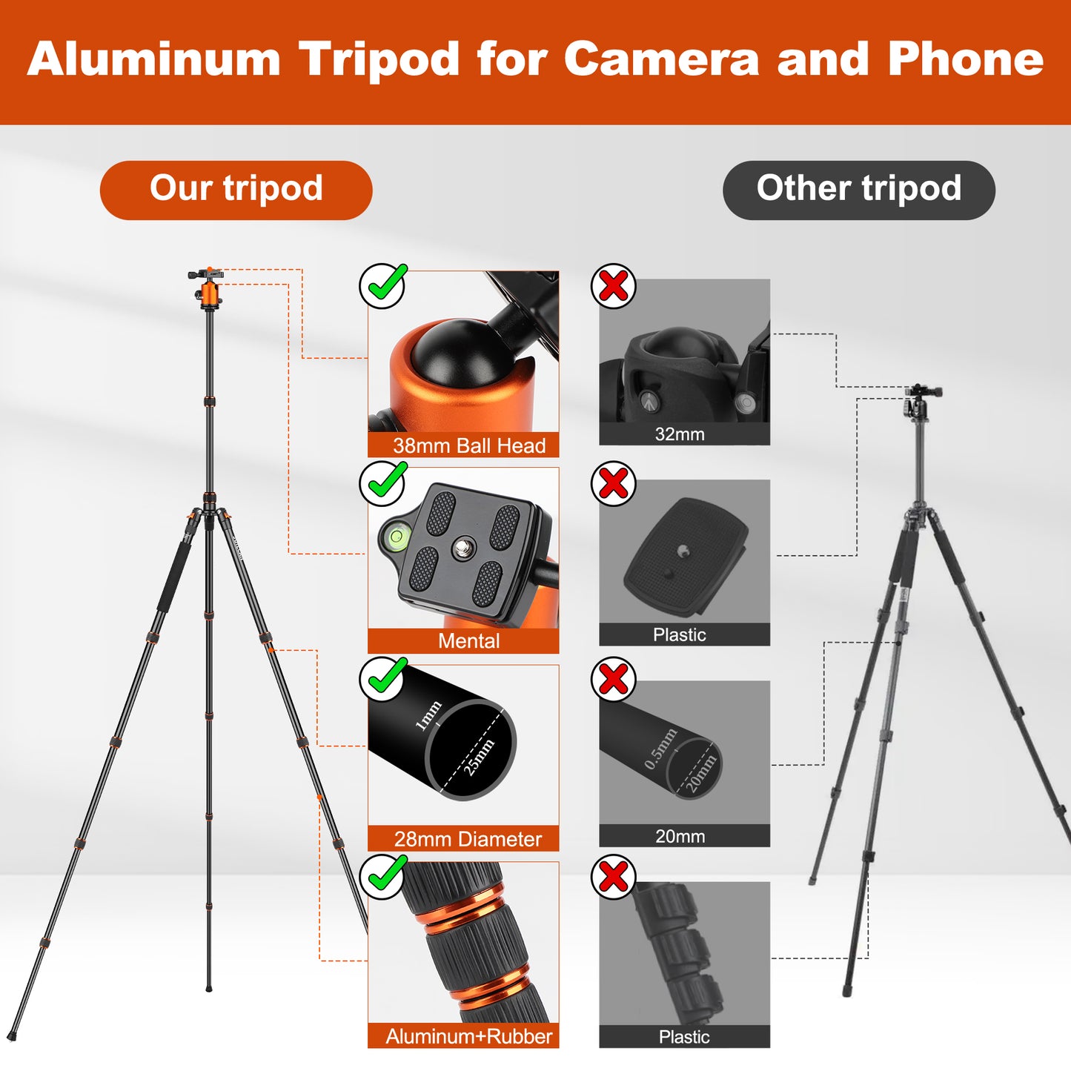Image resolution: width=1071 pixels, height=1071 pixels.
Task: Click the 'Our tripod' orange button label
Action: [236, 189]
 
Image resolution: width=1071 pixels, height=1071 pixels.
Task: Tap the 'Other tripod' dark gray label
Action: [858, 189]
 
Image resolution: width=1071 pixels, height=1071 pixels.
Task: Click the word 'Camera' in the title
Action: [661, 59]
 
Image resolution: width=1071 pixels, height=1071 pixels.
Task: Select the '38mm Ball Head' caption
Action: [468, 445]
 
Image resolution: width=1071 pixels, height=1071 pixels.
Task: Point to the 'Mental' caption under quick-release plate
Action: [468, 641]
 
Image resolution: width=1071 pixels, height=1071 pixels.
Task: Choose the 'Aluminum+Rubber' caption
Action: [468, 1036]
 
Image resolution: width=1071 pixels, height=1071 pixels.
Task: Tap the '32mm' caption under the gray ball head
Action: [680, 434]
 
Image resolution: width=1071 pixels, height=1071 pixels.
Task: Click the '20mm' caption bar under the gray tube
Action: [680, 836]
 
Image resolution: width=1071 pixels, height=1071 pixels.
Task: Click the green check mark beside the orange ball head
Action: [382, 285]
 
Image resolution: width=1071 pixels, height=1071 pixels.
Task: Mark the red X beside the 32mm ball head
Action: [614, 285]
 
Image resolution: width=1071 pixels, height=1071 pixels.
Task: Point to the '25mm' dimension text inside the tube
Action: [479, 757]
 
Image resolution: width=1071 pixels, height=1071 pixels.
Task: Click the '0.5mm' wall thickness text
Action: [660, 749]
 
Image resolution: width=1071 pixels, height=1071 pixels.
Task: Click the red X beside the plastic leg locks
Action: [614, 878]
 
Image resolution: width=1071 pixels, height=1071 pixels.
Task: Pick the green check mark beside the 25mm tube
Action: [382, 679]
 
